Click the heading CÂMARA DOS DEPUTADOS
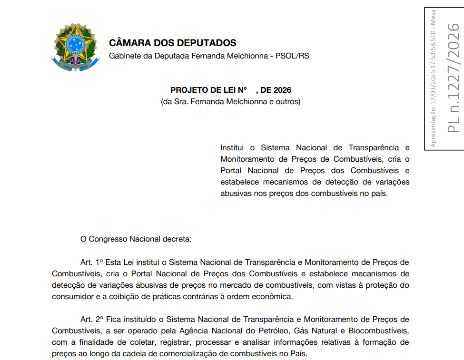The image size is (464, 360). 172,43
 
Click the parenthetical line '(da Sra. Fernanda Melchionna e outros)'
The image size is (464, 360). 231,102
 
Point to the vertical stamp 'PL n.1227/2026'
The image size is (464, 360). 454,78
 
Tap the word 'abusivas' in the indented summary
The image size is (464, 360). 236,194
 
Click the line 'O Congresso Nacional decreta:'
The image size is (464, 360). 136,239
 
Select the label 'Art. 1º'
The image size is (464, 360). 92,262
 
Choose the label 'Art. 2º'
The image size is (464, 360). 92,319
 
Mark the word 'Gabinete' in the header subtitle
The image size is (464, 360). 125,56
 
